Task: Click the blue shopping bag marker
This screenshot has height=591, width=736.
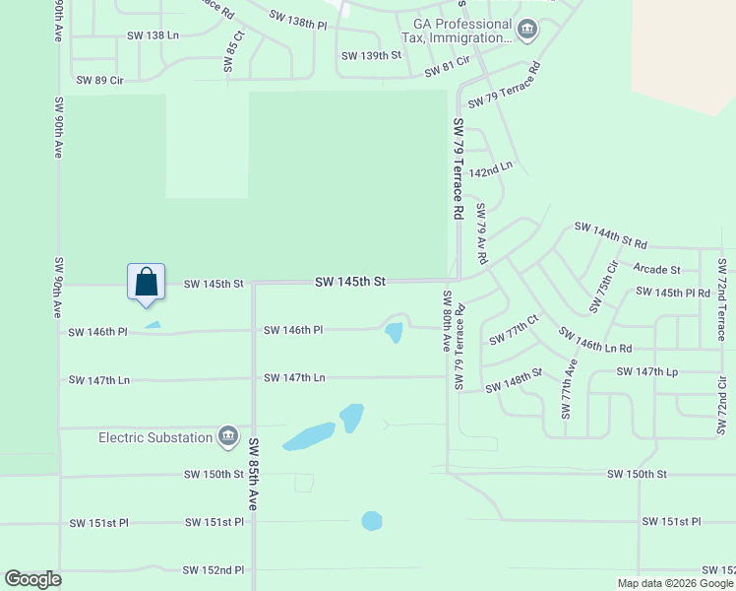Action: [x=146, y=281]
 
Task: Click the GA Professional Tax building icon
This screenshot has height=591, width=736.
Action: [x=526, y=31]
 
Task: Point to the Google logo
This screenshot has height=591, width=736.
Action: [x=33, y=579]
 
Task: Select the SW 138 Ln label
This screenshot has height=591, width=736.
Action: [x=153, y=35]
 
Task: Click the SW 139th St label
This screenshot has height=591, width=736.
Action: [x=372, y=56]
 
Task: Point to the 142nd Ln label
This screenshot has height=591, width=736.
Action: [x=491, y=168]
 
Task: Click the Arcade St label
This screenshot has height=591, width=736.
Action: [x=657, y=269]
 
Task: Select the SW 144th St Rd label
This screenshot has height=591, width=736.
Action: [x=610, y=236]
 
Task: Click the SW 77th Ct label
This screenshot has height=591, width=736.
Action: [x=515, y=331]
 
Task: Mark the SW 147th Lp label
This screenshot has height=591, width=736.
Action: [x=645, y=371]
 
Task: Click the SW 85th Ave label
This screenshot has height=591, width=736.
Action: [x=253, y=473]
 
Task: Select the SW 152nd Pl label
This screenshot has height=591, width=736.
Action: [x=214, y=570]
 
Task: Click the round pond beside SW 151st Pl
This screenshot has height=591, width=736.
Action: [x=371, y=520]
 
